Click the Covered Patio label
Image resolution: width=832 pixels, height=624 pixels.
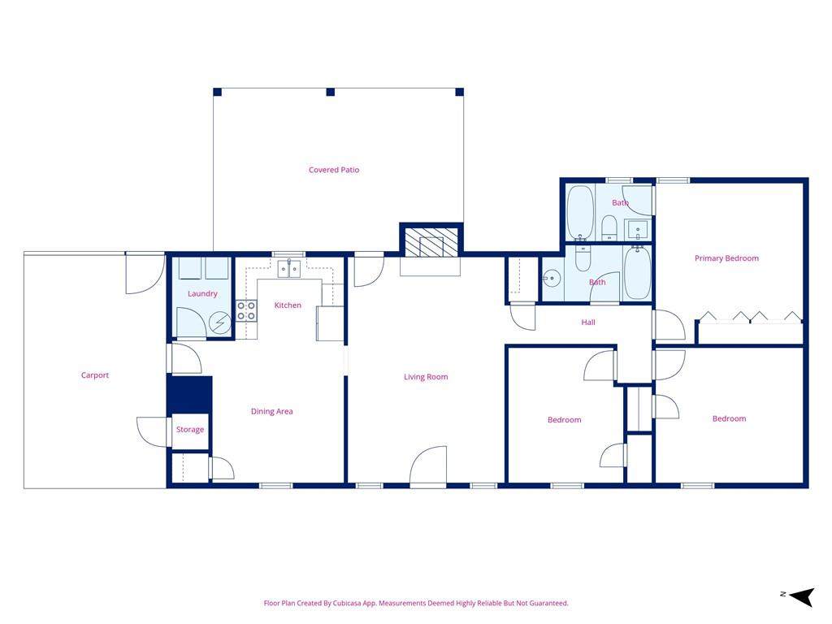point(334,170)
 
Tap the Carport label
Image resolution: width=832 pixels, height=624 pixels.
point(95,375)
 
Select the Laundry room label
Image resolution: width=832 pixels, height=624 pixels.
point(202,294)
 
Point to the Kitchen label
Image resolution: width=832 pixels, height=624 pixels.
point(288,305)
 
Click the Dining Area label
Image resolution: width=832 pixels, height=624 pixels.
point(271,411)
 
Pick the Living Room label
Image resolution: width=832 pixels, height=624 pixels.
point(426,377)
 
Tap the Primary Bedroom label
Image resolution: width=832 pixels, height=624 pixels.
point(726,258)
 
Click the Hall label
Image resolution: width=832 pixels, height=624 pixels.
point(588,322)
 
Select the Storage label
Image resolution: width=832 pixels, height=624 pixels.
point(190,430)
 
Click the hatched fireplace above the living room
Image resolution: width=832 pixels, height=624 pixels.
point(431,242)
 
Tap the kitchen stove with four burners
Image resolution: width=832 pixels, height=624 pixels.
point(246,311)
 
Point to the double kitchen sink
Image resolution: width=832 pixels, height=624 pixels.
point(289,269)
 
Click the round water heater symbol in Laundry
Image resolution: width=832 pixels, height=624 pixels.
point(219,323)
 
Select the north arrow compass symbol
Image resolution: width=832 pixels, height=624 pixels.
point(802,596)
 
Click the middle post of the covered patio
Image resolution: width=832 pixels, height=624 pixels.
point(331,93)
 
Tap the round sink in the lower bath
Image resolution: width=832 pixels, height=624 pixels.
point(552,278)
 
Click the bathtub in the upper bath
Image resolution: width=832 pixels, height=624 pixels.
point(580,212)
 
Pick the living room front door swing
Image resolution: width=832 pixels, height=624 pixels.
point(427,466)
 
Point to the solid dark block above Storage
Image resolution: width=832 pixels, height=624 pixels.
point(189,394)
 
